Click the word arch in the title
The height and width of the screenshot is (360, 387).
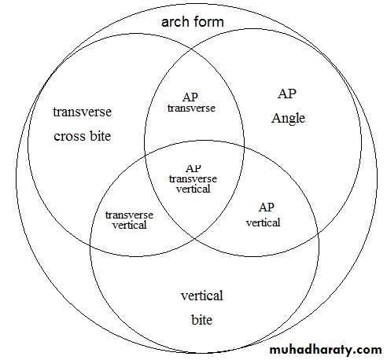pyautogui.click(x=175, y=21)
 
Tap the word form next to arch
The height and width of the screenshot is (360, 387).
pyautogui.click(x=208, y=21)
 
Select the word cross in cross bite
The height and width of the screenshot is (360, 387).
pyautogui.click(x=69, y=136)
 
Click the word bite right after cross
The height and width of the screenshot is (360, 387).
pyautogui.click(x=101, y=136)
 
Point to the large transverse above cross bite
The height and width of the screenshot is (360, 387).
pyautogui.click(x=83, y=112)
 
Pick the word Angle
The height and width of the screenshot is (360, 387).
pyautogui.click(x=288, y=119)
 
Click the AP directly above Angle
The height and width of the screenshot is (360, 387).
pyautogui.click(x=287, y=94)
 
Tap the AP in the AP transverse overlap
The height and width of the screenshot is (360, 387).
pyautogui.click(x=190, y=97)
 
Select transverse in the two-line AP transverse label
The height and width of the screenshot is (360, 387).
pyautogui.click(x=191, y=108)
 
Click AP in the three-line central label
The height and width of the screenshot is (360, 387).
pyautogui.click(x=193, y=168)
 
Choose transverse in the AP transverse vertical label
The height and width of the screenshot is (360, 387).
pyautogui.click(x=193, y=179)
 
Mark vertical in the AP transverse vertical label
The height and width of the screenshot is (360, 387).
pyautogui.click(x=193, y=189)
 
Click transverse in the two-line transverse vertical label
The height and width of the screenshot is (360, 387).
pyautogui.click(x=129, y=215)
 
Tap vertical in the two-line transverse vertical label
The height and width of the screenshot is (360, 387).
pyautogui.click(x=130, y=225)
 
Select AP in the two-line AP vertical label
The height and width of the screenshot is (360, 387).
pyautogui.click(x=267, y=208)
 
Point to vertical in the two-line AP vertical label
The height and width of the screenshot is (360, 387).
pyautogui.click(x=264, y=222)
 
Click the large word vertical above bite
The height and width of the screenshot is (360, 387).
pyautogui.click(x=202, y=296)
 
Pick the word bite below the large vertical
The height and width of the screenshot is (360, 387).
pyautogui.click(x=201, y=320)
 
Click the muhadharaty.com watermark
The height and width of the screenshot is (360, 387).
pyautogui.click(x=326, y=350)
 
